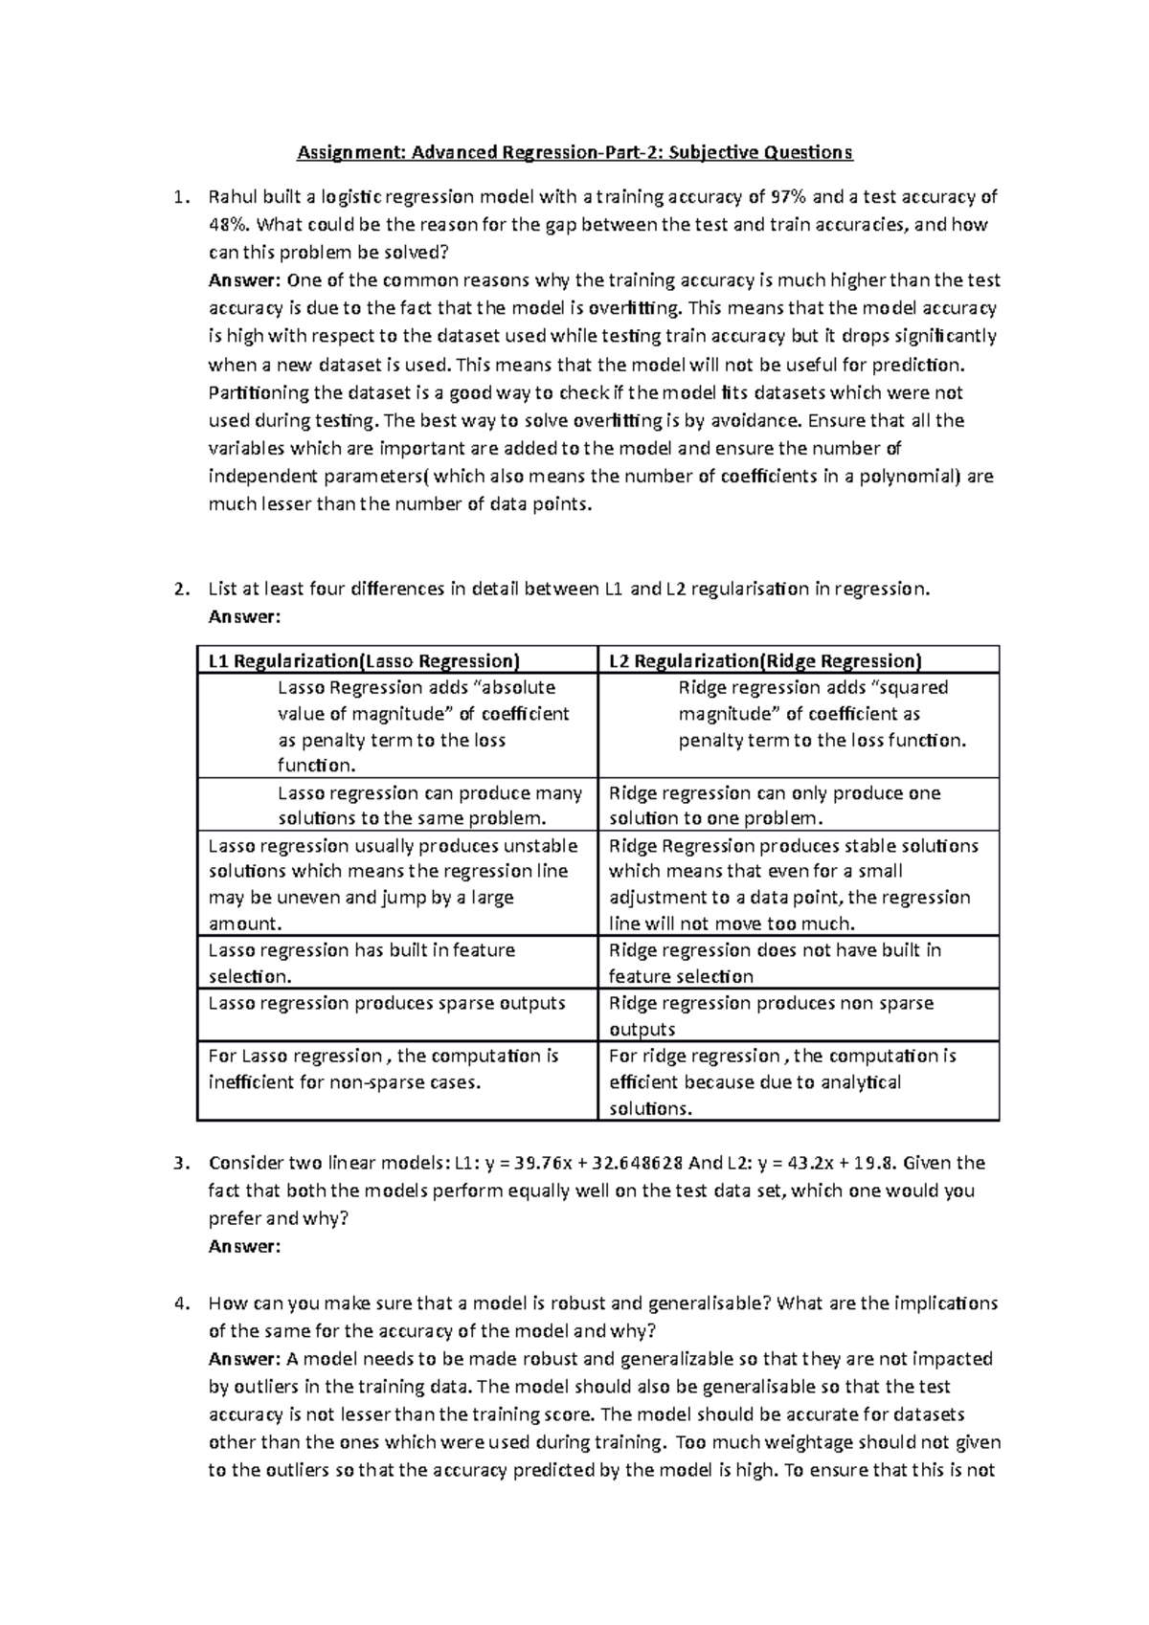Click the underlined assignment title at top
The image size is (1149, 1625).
click(574, 152)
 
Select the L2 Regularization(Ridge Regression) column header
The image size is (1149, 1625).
click(765, 660)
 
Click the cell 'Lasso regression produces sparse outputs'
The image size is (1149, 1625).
click(387, 1003)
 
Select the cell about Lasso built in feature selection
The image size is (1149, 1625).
click(362, 963)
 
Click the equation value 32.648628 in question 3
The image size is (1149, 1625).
click(638, 1164)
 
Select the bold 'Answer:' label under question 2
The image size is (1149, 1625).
click(244, 617)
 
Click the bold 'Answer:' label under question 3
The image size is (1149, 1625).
click(244, 1247)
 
